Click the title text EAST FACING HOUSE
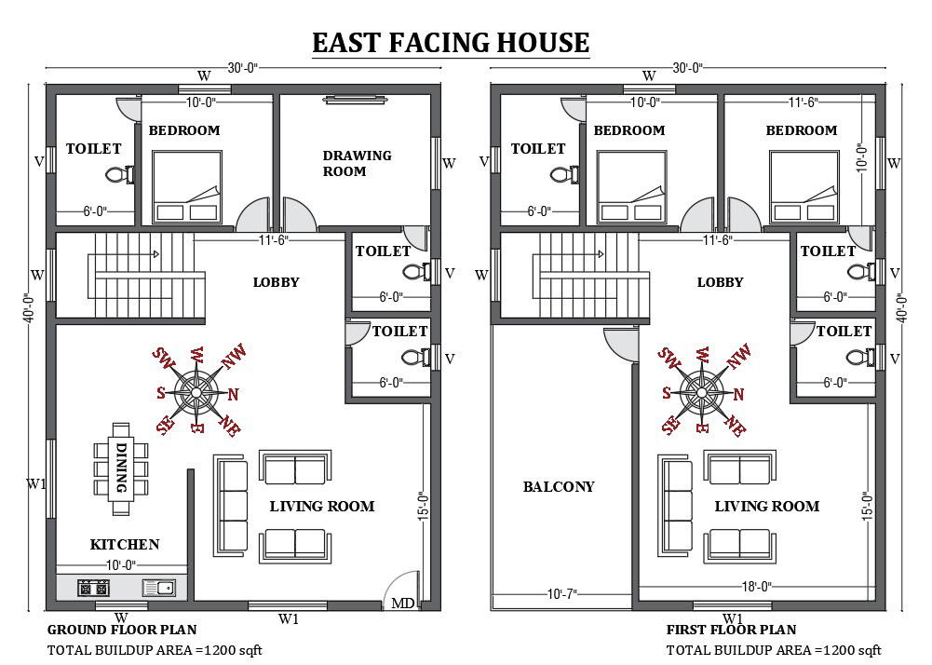[450, 43]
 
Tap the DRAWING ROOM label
[357, 163]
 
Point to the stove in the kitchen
[93, 588]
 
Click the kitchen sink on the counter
[159, 588]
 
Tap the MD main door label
[402, 603]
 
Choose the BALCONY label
[558, 486]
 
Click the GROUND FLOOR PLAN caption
[122, 631]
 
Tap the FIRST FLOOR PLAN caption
[731, 631]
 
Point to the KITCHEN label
[125, 544]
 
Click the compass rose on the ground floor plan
[197, 390]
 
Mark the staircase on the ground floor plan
[140, 270]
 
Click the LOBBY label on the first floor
[720, 281]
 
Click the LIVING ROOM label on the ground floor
[322, 506]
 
